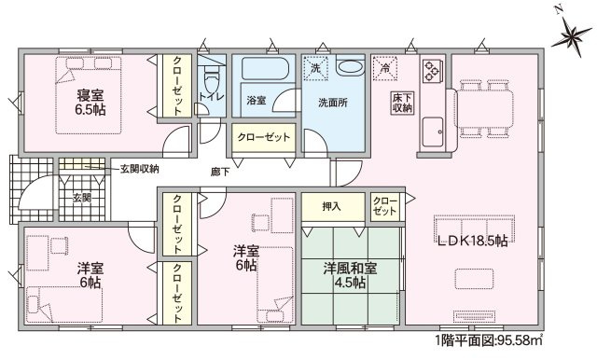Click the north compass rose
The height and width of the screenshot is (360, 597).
[x=572, y=36]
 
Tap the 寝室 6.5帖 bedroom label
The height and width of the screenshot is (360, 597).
[x=90, y=103]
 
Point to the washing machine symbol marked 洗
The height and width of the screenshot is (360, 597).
[x=315, y=68]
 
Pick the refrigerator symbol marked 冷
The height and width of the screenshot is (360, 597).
[x=385, y=68]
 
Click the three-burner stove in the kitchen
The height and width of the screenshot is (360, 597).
[x=433, y=70]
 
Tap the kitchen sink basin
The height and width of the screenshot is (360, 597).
[x=433, y=132]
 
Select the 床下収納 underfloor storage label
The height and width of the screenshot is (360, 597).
[x=402, y=103]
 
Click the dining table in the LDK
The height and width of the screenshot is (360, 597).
[x=483, y=107]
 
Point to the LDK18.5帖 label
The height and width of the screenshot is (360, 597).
[x=472, y=241]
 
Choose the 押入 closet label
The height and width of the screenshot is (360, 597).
[x=331, y=207]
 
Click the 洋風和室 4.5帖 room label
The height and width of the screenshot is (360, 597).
[x=351, y=275]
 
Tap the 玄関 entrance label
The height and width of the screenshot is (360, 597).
[x=82, y=198]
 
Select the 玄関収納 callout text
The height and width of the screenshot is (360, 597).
[x=140, y=169]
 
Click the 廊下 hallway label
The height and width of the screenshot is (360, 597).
[x=220, y=172]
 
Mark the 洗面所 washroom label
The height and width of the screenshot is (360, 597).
[x=333, y=103]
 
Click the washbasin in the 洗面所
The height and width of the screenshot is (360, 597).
[x=351, y=67]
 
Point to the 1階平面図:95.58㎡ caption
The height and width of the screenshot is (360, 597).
[x=489, y=339]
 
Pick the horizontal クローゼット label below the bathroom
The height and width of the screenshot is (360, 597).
[x=264, y=136]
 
